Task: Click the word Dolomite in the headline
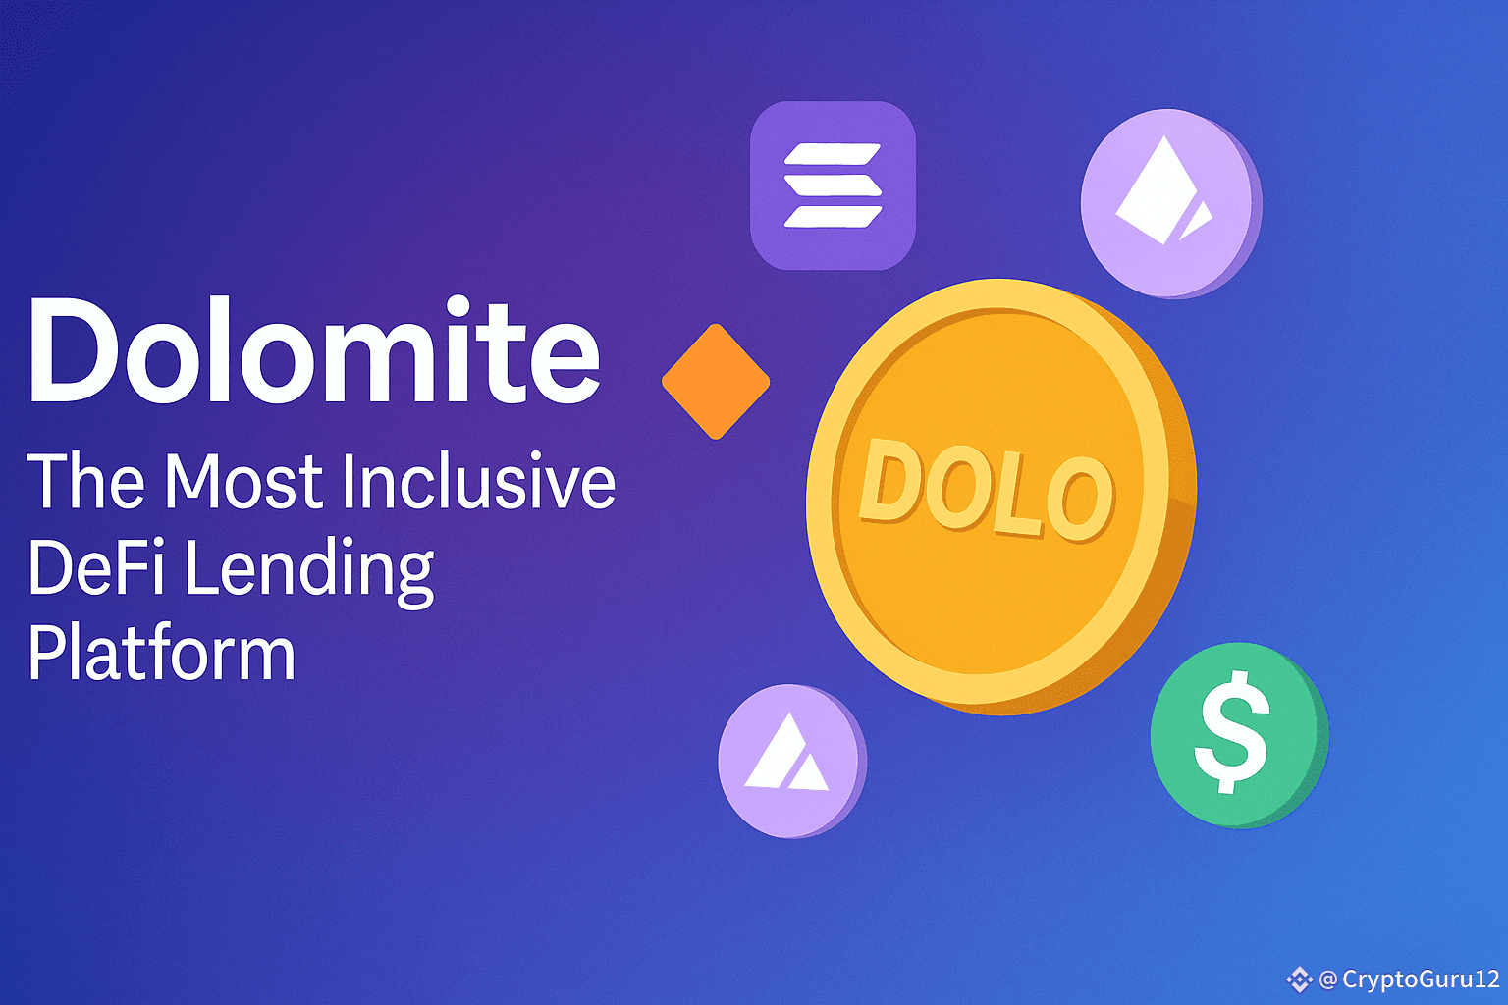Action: [x=314, y=350]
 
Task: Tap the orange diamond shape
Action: [x=716, y=382]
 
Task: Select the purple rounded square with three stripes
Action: [x=833, y=185]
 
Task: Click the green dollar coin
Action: [x=1239, y=735]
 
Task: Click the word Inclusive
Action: [x=479, y=481]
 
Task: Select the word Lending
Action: [x=309, y=571]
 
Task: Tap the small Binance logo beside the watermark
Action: [x=1299, y=979]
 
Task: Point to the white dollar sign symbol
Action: [x=1231, y=732]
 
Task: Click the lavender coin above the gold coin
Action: [x=1171, y=203]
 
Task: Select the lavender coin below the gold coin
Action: [x=792, y=761]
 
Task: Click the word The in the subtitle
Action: [x=86, y=481]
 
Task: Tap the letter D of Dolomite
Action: [x=74, y=350]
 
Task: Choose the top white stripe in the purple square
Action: [x=833, y=154]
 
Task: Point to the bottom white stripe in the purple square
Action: [x=833, y=217]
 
